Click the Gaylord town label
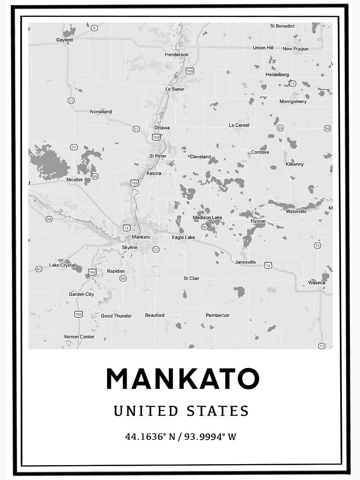[x=64, y=40]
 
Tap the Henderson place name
[x=176, y=55]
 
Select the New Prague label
[x=295, y=48]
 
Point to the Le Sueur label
[x=175, y=89]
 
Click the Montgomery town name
[x=293, y=101]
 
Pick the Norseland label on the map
[x=101, y=111]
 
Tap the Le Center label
[x=239, y=125]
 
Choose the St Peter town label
[x=158, y=156]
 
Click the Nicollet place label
[x=74, y=180]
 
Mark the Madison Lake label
[x=207, y=217]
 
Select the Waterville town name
[x=296, y=211]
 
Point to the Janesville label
[x=245, y=262]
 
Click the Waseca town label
[x=316, y=283]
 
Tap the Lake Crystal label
[x=62, y=265]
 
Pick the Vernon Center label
[x=79, y=336]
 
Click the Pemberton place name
[x=217, y=315]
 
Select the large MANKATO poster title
[x=182, y=379]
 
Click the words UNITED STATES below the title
[x=181, y=411]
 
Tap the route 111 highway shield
[x=73, y=147]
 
